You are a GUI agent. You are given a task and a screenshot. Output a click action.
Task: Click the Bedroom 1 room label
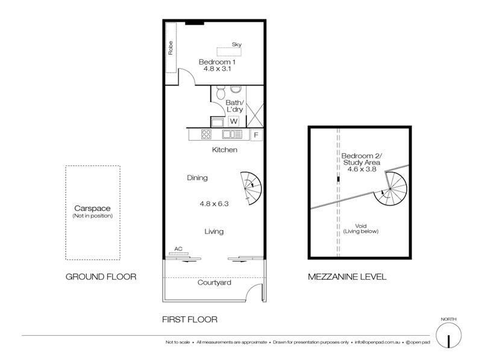coord(216,64)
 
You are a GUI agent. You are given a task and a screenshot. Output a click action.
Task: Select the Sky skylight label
coord(237,44)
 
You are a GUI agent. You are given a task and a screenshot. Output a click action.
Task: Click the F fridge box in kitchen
coord(255,135)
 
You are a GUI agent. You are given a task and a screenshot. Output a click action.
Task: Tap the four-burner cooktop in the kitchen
coord(206,135)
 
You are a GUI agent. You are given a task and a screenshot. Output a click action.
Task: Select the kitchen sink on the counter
coord(230,135)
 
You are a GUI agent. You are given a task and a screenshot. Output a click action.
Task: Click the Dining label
coord(197,177)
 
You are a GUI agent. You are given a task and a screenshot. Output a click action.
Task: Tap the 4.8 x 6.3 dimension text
coord(215,203)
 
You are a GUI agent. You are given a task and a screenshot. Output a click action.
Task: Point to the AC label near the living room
coord(178,248)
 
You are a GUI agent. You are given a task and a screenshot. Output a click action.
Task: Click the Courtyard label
coord(214,282)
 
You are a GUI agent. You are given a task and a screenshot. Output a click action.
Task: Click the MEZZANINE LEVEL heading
coord(347,277)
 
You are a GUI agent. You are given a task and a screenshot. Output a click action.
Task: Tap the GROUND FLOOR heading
coord(101,277)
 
